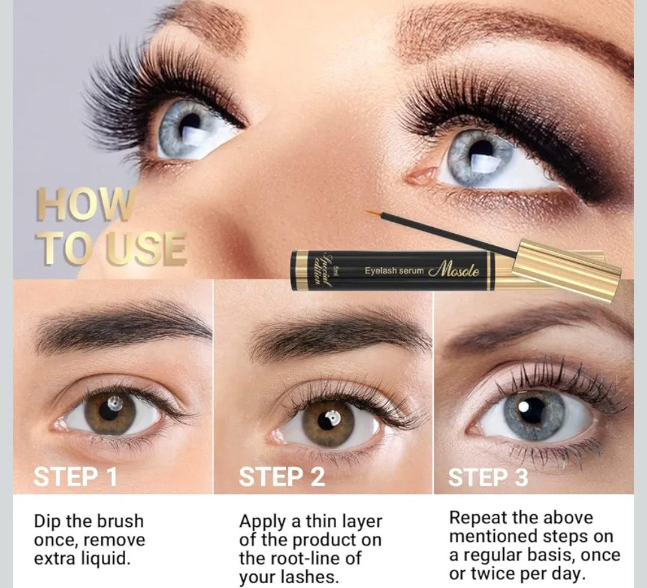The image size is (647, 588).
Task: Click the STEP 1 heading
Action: (75, 477)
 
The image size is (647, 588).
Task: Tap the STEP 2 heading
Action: (282, 477)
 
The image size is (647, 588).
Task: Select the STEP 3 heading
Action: (488, 477)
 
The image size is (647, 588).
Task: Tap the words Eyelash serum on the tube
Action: (394, 271)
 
